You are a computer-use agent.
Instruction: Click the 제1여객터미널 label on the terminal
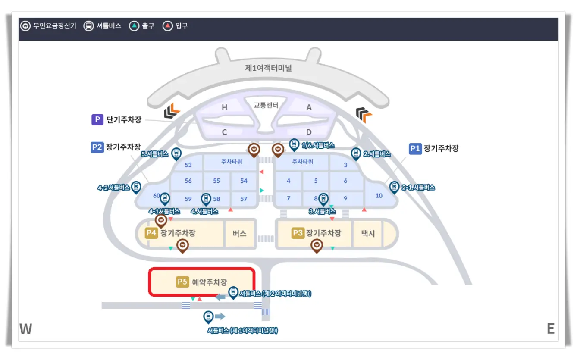(268, 68)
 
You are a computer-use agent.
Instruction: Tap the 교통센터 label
(266, 105)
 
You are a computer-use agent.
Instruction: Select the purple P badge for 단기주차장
(97, 119)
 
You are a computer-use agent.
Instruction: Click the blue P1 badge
(415, 148)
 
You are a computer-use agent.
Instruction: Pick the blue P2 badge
(97, 147)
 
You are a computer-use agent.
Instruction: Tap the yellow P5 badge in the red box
(182, 282)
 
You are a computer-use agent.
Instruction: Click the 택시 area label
(368, 233)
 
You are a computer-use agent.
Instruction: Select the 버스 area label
(239, 233)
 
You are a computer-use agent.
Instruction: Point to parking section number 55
(216, 181)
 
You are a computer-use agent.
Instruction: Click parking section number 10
(379, 195)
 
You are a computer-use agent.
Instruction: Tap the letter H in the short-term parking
(224, 108)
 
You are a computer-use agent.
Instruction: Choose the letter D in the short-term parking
(309, 132)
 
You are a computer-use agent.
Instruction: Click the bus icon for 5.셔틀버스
(176, 153)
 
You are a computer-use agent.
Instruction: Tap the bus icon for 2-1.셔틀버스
(394, 187)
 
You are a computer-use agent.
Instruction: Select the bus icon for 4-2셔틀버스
(136, 186)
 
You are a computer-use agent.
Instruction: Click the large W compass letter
(26, 329)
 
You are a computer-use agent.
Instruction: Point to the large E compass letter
(550, 329)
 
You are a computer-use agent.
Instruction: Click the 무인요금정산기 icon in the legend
(25, 26)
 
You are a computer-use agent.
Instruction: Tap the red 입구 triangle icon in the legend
(167, 26)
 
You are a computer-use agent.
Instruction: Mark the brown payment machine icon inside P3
(317, 245)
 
